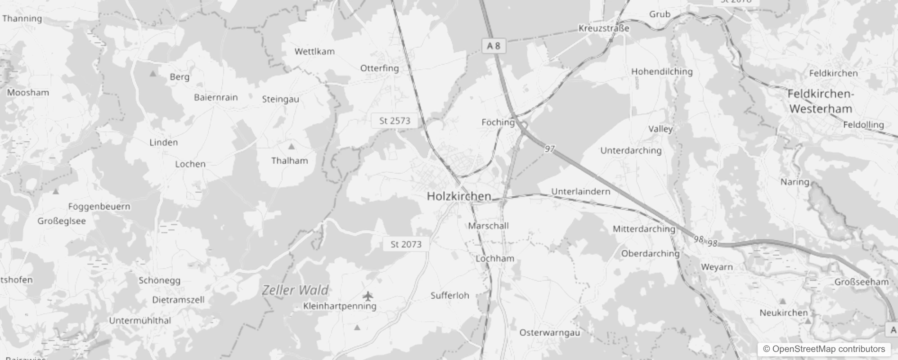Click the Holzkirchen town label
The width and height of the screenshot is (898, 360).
(458, 196)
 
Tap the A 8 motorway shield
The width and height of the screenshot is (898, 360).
(494, 46)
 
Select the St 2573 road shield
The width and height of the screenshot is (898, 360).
(395, 121)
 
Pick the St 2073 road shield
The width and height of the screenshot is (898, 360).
(406, 244)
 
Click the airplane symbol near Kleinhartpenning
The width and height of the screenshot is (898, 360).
(368, 296)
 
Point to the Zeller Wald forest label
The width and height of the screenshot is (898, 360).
(295, 290)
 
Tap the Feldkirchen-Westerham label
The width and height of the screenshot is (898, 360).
(820, 101)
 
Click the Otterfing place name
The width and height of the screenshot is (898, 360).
(379, 68)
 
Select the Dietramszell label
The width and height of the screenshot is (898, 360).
(178, 300)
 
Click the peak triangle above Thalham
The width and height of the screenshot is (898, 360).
(291, 146)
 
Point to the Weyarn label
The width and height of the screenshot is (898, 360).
(717, 267)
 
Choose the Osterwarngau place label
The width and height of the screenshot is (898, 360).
(549, 333)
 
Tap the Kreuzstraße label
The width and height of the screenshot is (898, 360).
(604, 28)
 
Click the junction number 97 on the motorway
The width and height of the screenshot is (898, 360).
(550, 149)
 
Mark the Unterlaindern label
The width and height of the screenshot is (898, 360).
(581, 191)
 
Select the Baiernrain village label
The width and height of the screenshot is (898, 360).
(216, 97)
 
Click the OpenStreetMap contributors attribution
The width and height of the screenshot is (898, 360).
(824, 349)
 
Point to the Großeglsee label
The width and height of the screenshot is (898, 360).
(62, 221)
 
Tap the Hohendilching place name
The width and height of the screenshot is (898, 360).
(661, 72)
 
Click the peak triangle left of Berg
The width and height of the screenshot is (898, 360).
(153, 73)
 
